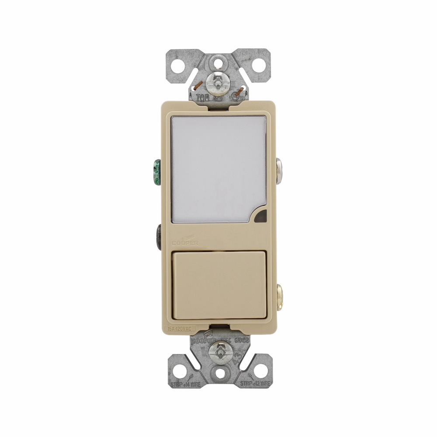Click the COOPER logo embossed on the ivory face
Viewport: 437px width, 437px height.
tap(185, 241)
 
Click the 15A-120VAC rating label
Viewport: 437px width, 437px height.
tap(180, 328)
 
